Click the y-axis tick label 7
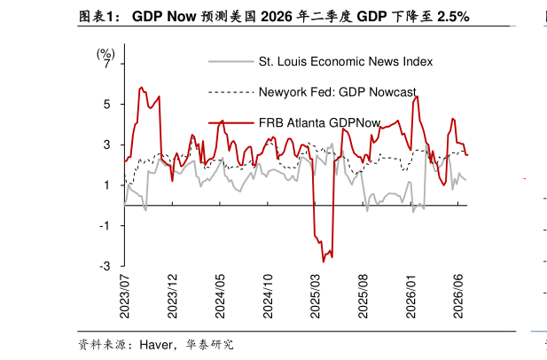[106, 64]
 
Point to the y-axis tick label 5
[106, 105]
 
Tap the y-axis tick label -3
[105, 266]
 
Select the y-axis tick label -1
[105, 226]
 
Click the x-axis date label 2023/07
[124, 296]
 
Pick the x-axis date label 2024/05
[220, 296]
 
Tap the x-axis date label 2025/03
[315, 296]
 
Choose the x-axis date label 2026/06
[458, 296]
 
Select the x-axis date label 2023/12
[172, 296]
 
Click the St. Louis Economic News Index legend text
[346, 62]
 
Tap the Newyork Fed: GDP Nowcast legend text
[338, 92]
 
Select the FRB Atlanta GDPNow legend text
[319, 122]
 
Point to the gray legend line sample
[231, 62]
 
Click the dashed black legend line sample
[231, 92]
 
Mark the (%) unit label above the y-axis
[105, 54]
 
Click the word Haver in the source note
[156, 345]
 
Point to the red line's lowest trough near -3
[324, 262]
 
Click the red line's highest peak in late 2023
[141, 87]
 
